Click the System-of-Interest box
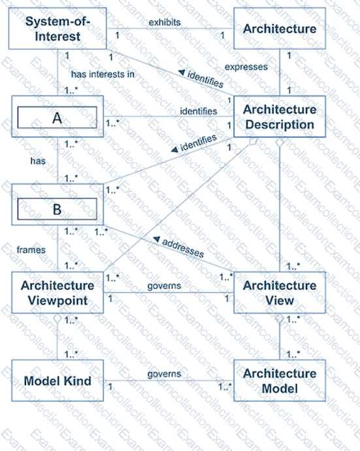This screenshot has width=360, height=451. point(57,29)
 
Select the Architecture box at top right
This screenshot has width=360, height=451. point(280,29)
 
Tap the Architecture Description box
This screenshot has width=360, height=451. point(280,116)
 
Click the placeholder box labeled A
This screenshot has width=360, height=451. point(57,116)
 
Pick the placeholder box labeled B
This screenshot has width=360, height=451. point(57,205)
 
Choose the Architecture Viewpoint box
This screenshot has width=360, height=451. point(57,293)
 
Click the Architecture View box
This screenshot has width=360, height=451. point(280,293)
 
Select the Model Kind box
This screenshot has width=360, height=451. point(57,380)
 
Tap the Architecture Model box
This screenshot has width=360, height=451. point(280,380)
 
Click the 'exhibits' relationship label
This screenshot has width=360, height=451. point(165,22)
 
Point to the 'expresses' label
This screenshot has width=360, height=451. point(246,67)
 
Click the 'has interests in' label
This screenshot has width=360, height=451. point(103,75)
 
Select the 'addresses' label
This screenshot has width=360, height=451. point(183,248)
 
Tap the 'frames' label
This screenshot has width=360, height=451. point(31,250)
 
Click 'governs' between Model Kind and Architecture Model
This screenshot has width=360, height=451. point(164,374)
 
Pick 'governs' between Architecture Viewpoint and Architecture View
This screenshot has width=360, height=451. point(164,286)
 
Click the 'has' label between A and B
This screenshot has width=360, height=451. point(38,161)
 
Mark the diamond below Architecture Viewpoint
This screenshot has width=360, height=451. point(57,318)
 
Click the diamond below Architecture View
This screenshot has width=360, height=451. point(280,318)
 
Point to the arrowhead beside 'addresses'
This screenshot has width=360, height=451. point(156,239)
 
